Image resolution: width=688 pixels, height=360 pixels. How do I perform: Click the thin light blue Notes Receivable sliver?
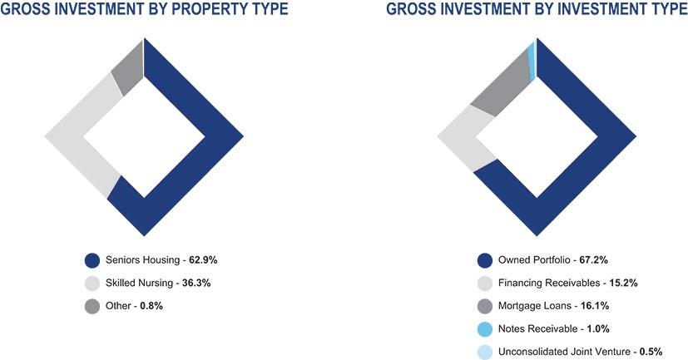point(531,62)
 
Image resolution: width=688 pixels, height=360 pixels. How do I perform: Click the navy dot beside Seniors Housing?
point(92,260)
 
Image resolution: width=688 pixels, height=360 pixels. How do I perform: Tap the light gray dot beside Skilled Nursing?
point(92,284)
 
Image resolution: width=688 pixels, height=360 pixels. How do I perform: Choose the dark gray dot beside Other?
point(92,306)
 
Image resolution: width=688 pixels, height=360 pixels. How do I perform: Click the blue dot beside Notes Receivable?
point(485,329)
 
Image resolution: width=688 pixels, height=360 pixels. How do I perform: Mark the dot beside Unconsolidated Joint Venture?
point(485,353)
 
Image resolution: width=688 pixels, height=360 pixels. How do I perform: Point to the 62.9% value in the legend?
point(203,260)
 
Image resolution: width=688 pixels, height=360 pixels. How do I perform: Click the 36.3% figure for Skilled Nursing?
point(196,283)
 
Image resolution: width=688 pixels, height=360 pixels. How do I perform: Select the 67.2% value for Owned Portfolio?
point(594,260)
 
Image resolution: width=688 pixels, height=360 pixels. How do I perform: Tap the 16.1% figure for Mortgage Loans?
point(595,306)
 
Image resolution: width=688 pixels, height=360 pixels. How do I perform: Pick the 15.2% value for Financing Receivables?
point(623,283)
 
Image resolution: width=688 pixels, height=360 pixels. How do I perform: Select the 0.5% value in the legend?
point(651,352)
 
